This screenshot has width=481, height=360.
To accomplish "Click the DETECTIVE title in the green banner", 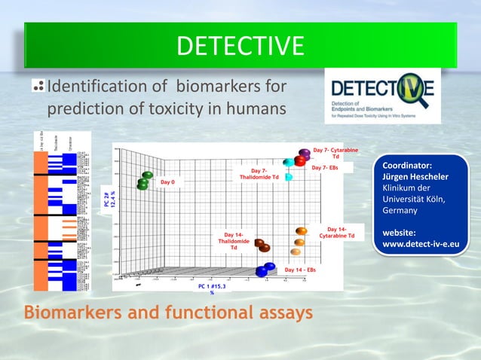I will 240,46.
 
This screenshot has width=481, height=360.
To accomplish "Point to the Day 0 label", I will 167,182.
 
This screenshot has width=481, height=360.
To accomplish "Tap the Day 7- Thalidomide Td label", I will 259,174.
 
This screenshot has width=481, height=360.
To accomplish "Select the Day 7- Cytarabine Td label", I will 335,153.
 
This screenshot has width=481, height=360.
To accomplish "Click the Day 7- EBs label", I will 325,167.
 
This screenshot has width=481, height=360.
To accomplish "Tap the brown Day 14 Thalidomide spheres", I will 262,246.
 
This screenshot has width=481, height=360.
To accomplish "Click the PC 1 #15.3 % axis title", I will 212,289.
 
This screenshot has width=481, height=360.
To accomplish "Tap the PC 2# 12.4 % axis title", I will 109,200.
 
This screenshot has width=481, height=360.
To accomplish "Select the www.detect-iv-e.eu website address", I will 421,244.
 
